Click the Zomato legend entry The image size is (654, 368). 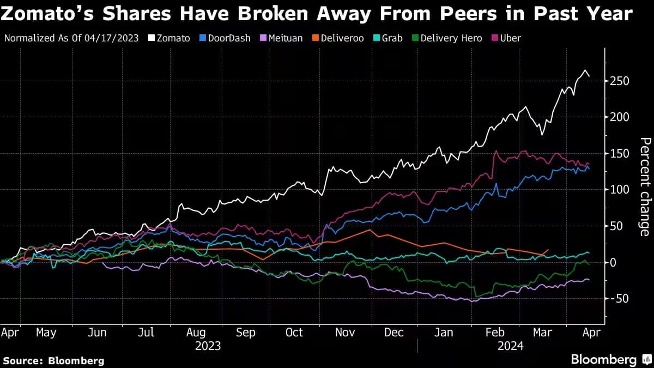(169, 38)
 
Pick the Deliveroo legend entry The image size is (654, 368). (338, 38)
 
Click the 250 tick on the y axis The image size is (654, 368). (620, 81)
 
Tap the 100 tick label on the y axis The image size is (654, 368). (620, 190)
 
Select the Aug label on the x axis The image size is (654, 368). (196, 332)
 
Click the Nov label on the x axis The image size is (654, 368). (344, 332)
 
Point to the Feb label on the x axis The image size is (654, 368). (494, 332)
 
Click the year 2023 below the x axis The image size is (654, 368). (208, 346)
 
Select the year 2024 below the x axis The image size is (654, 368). (510, 346)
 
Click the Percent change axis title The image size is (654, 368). (644, 187)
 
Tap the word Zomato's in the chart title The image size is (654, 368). (50, 14)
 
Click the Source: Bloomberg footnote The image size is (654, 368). (53, 360)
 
